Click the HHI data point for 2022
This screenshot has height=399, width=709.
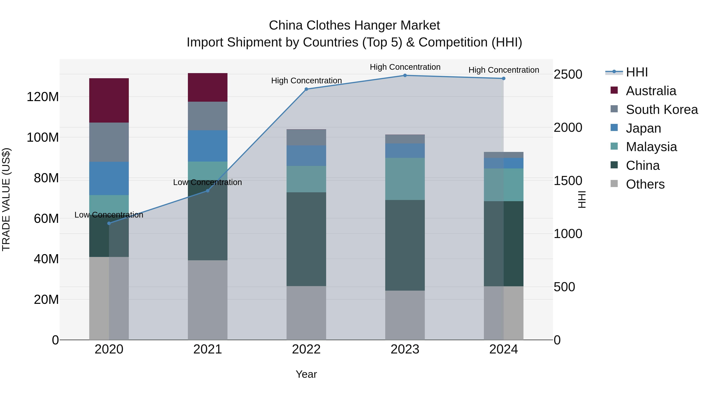point(306,89)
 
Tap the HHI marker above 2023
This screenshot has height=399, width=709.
point(405,75)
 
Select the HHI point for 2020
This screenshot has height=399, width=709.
point(109,223)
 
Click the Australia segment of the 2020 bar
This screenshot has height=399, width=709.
point(109,100)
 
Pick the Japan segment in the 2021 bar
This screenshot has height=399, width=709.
point(208,146)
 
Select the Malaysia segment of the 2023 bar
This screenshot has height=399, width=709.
point(405,179)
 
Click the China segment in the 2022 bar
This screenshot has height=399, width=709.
point(306,239)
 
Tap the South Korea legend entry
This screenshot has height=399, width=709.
point(662,110)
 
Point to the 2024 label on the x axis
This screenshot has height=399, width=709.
point(503,349)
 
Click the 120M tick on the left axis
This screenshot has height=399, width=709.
point(43,97)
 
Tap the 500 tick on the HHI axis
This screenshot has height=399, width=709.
point(564,287)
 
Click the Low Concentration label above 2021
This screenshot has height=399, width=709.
point(208,182)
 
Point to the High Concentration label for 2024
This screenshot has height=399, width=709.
point(504,70)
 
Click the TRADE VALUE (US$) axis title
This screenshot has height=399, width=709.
point(6,199)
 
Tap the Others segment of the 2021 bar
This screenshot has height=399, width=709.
point(208,300)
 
